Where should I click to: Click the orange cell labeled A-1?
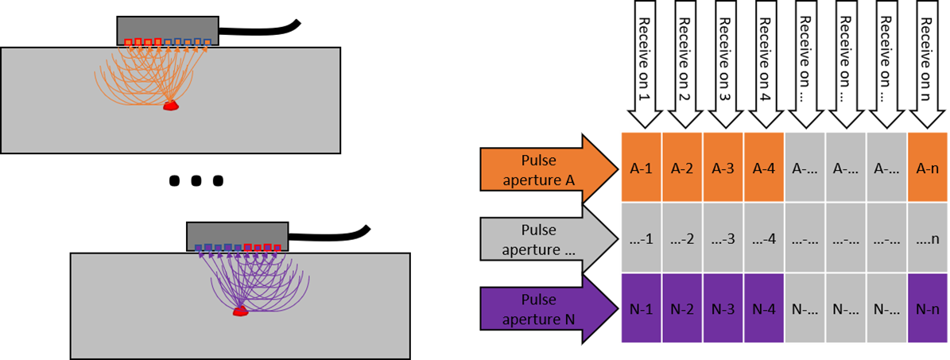coord(641,168)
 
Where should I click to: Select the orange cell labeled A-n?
coord(927,168)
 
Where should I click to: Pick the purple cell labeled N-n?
coord(927,309)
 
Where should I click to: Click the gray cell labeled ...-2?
coord(682,238)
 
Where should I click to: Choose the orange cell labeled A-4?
coord(764,168)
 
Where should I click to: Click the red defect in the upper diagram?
coord(170,105)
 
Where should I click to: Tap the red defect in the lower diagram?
coord(240,311)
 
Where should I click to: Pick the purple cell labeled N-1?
coord(641,309)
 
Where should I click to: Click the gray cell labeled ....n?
coord(927,238)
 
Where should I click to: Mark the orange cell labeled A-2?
coord(682,168)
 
